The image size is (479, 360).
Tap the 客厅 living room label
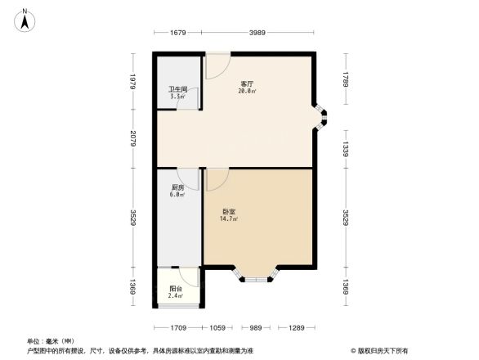pyautogui.click(x=246, y=83)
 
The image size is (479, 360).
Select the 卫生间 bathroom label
pyautogui.click(x=177, y=89)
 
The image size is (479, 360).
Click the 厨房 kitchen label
pyautogui.click(x=177, y=188)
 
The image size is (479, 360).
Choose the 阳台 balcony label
pyautogui.click(x=176, y=289)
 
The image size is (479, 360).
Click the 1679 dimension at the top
pyautogui.click(x=179, y=33)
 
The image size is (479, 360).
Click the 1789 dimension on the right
pyautogui.click(x=347, y=79)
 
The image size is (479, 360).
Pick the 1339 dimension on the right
pyautogui.click(x=347, y=149)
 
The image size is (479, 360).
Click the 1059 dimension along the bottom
pyautogui.click(x=217, y=328)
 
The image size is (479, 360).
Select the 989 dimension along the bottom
pyautogui.click(x=256, y=328)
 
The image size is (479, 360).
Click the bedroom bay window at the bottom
pyautogui.click(x=256, y=274)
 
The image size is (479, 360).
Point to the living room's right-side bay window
pyautogui.click(x=322, y=119)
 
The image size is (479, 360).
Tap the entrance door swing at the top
pyautogui.click(x=217, y=65)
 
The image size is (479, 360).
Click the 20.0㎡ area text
pyautogui.click(x=246, y=91)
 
